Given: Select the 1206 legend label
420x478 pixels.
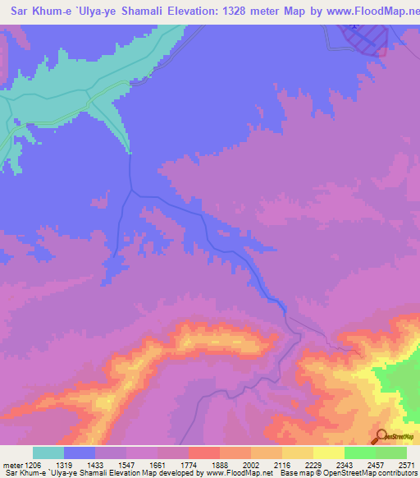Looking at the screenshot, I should (x=33, y=462).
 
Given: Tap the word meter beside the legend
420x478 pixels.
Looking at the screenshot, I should (x=12, y=462).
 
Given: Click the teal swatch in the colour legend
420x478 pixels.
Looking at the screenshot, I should (x=48, y=453).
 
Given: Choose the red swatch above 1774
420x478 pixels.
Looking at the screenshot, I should (x=204, y=453).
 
